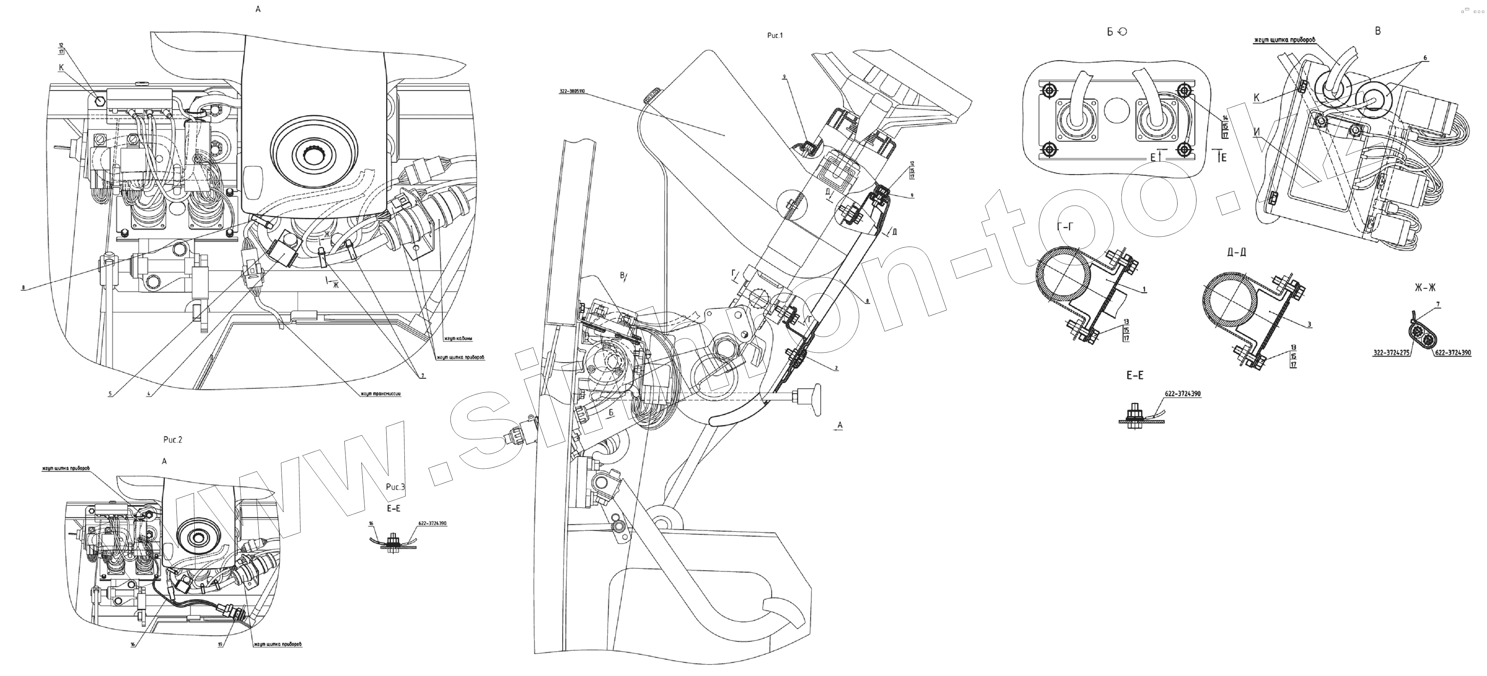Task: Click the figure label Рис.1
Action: [775, 36]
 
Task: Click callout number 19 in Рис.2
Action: [220, 645]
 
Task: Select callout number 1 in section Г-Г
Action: [1144, 289]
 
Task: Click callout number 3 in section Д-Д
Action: [1309, 325]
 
